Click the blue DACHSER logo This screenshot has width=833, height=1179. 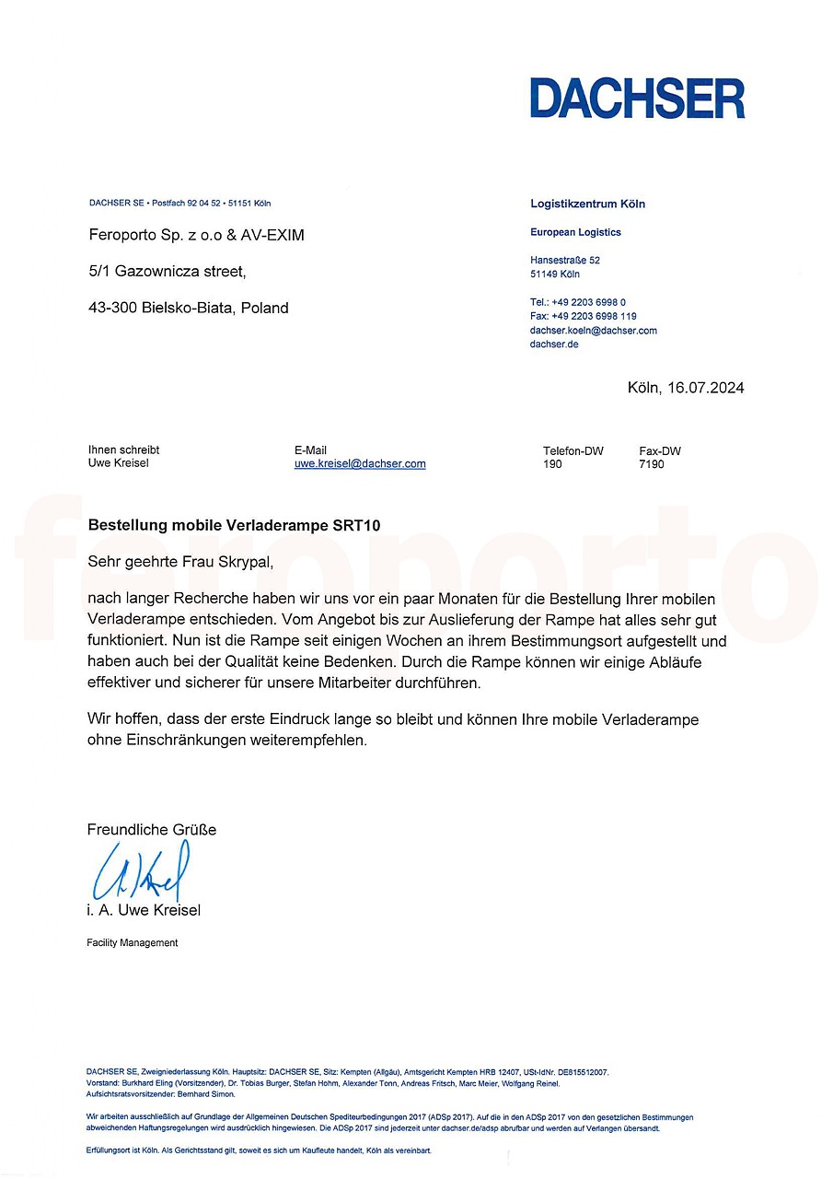pyautogui.click(x=637, y=99)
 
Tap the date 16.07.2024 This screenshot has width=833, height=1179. pyautogui.click(x=704, y=388)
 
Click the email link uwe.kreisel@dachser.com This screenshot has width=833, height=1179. pyautogui.click(x=360, y=464)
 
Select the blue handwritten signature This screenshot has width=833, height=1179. pyautogui.click(x=141, y=870)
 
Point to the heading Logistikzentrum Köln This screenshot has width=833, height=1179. pyautogui.click(x=587, y=204)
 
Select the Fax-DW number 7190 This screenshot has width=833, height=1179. pyautogui.click(x=651, y=464)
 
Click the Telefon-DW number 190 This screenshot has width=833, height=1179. pyautogui.click(x=552, y=464)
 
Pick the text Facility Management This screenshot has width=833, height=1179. pyautogui.click(x=133, y=942)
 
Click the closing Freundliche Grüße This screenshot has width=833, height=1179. pyautogui.click(x=152, y=830)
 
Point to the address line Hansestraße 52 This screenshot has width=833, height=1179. pyautogui.click(x=565, y=261)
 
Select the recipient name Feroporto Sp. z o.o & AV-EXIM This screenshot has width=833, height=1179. pyautogui.click(x=196, y=236)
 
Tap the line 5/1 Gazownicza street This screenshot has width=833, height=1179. pyautogui.click(x=167, y=272)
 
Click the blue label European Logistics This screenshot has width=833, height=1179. pyautogui.click(x=575, y=232)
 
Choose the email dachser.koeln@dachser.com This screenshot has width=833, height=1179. pyautogui.click(x=594, y=330)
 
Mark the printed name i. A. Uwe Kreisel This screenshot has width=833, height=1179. pyautogui.click(x=144, y=911)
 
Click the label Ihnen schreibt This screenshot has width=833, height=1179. pyautogui.click(x=123, y=450)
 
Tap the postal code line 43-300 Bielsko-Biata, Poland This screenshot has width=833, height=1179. pyautogui.click(x=188, y=309)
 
